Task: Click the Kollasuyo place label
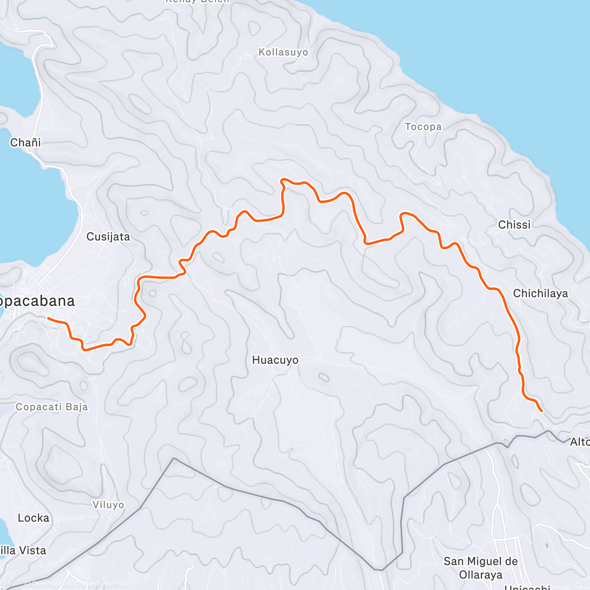tap(283, 52)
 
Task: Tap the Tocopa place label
tap(423, 127)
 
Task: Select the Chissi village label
tap(514, 225)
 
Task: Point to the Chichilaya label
tap(540, 294)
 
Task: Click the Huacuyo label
tap(275, 360)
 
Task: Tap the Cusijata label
tap(108, 237)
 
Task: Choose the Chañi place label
tap(26, 143)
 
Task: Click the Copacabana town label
tap(36, 301)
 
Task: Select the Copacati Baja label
tap(52, 407)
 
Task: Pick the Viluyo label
tap(108, 505)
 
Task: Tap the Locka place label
tap(33, 518)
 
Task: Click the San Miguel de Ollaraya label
tap(480, 568)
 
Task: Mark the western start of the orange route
tap(48, 319)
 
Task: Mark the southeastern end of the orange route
tap(541, 411)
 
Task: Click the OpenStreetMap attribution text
tap(103, 584)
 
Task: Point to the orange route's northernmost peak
tap(283, 180)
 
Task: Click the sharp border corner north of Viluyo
tap(173, 459)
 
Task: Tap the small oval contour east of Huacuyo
tap(323, 377)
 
